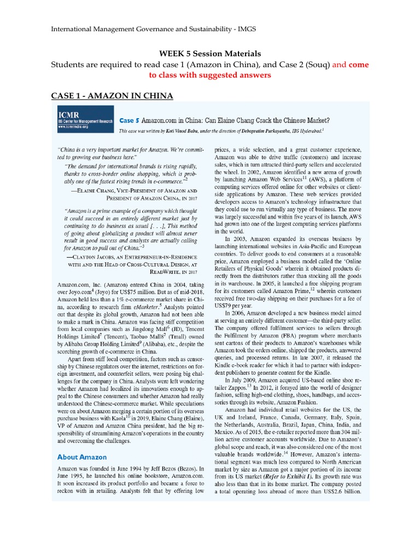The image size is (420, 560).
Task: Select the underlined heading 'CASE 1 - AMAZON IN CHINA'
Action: pyautogui.click(x=112, y=96)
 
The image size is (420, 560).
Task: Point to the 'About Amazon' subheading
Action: pyautogui.click(x=82, y=457)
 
